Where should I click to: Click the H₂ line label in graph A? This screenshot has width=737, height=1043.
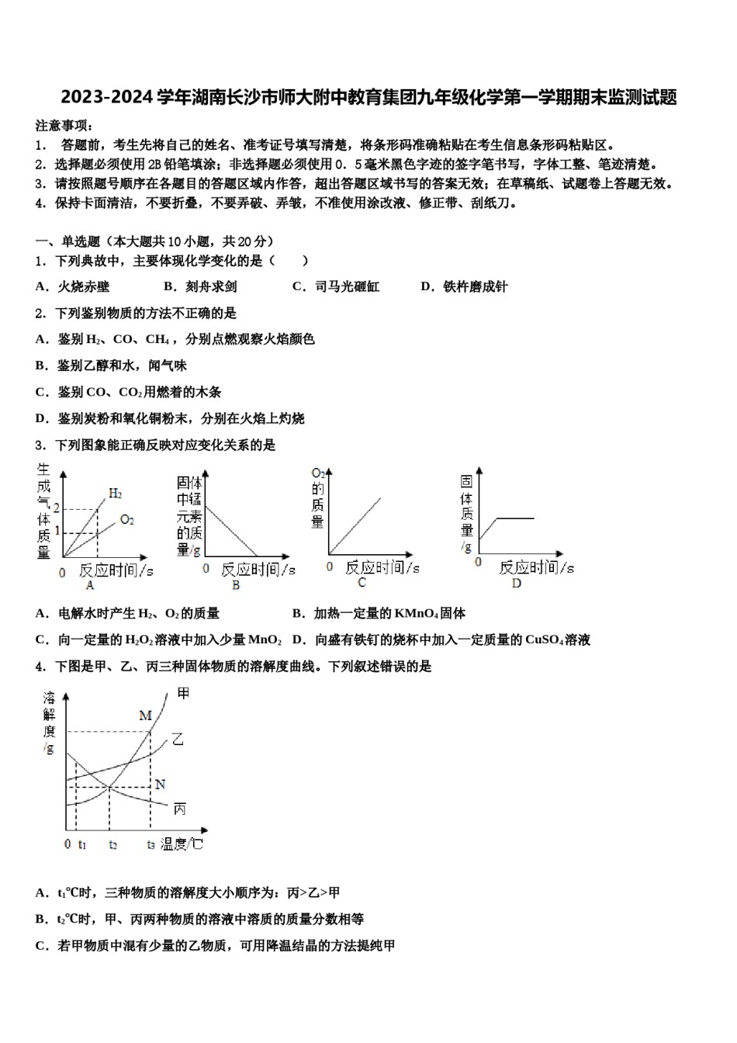tap(115, 493)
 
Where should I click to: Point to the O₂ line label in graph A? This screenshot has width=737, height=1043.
tap(127, 519)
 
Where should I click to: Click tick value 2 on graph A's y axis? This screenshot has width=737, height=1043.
tap(56, 508)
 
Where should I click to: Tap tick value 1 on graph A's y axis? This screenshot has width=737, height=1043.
tap(56, 532)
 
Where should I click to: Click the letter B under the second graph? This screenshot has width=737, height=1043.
tap(235, 586)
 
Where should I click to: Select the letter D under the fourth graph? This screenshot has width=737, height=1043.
tap(517, 584)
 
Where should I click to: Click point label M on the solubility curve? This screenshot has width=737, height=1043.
tap(145, 716)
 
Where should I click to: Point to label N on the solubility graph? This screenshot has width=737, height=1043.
tap(160, 784)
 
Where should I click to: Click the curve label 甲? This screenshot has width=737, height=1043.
tap(183, 692)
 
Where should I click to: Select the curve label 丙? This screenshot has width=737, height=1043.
tap(179, 809)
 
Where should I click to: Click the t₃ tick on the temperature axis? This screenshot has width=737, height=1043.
tap(151, 844)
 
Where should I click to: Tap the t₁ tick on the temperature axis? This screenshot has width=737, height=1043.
tap(82, 844)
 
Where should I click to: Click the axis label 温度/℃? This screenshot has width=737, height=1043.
tap(182, 844)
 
